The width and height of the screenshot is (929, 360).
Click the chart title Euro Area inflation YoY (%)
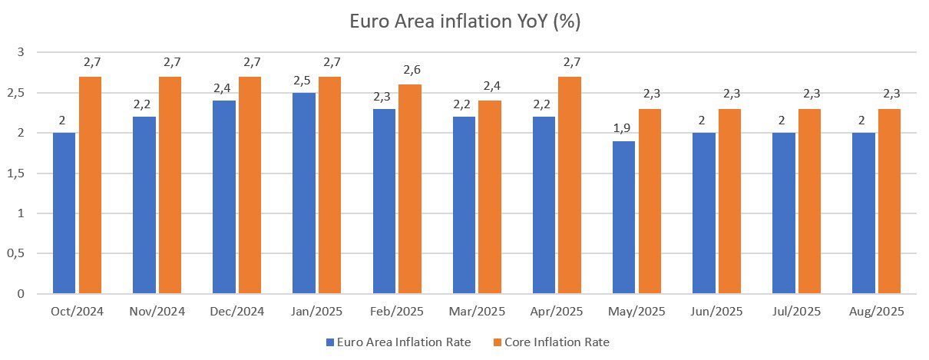pos(464,21)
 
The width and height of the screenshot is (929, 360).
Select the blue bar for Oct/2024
pos(64,213)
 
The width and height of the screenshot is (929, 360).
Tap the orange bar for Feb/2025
pos(409,189)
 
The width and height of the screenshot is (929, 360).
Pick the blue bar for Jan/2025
pos(304,193)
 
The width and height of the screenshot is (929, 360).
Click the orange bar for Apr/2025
pos(569,185)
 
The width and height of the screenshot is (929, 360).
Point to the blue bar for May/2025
pos(623,217)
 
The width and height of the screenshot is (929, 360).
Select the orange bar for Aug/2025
pos(889,201)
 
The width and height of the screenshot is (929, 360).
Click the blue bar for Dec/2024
pos(224,197)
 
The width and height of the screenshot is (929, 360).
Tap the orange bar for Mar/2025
pos(489,197)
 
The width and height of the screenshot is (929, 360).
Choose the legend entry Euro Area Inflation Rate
pos(399,342)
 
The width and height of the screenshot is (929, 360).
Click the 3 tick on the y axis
pos(21,52)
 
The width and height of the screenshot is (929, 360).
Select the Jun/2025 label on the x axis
pos(716,312)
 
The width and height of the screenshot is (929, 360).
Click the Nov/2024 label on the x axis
pos(157,312)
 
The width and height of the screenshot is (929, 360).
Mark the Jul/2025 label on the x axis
pos(797,312)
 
